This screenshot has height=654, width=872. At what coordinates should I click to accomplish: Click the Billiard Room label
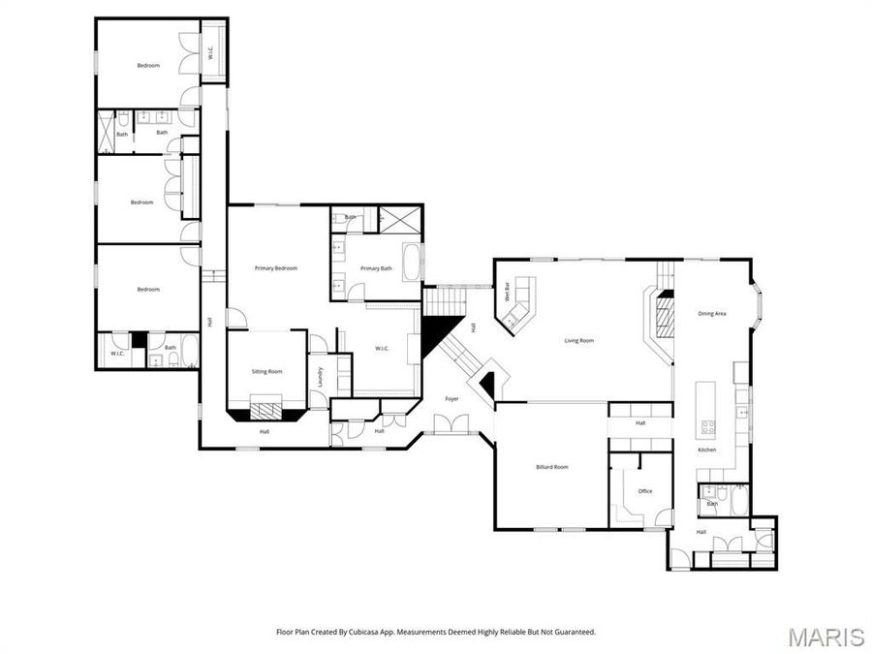click(552, 467)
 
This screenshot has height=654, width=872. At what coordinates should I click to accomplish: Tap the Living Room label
click(579, 340)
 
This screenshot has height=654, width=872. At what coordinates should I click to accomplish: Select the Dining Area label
click(712, 313)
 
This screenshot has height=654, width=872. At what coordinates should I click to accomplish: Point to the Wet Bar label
click(506, 292)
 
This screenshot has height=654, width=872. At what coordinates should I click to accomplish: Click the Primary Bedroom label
click(276, 268)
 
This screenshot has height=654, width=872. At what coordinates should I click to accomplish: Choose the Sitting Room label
click(267, 371)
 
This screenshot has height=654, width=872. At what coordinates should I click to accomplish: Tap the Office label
click(644, 491)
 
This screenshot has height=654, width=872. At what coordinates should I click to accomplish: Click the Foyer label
click(452, 398)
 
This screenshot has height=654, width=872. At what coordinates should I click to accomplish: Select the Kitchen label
click(707, 451)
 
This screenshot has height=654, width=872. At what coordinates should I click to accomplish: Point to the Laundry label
click(319, 377)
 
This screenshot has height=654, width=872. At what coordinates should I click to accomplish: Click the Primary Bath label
click(376, 268)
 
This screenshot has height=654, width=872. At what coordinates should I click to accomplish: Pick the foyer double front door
click(452, 423)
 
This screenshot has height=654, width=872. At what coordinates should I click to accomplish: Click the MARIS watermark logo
click(825, 637)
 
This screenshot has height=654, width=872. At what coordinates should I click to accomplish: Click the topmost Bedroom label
click(148, 65)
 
